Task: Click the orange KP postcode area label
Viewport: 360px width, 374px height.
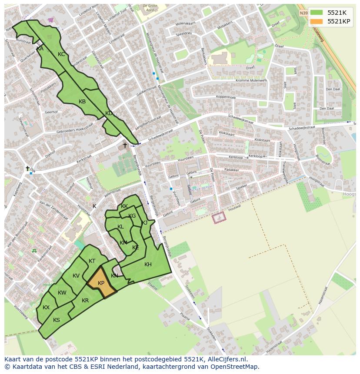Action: pos(101,283)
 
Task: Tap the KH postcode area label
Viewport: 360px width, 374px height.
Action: pos(148,265)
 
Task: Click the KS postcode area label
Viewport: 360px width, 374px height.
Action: pos(57,320)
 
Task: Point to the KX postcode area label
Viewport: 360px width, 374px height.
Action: pos(46,308)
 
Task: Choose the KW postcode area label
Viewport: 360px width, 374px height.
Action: pos(62,293)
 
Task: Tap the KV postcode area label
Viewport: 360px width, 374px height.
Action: pos(76,276)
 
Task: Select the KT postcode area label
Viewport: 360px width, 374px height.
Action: pos(92,261)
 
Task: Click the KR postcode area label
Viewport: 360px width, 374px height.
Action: pos(85,301)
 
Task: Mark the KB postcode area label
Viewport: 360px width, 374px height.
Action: pos(82,102)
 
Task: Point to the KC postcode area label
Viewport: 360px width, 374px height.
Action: pos(61,54)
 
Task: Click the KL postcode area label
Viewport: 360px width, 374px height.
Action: pos(120,227)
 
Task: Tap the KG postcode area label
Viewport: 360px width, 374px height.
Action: pos(132,216)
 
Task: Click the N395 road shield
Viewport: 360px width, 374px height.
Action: pos(303,13)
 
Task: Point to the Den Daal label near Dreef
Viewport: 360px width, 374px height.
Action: pos(333,89)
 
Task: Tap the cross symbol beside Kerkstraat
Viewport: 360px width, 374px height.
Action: pos(125,145)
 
